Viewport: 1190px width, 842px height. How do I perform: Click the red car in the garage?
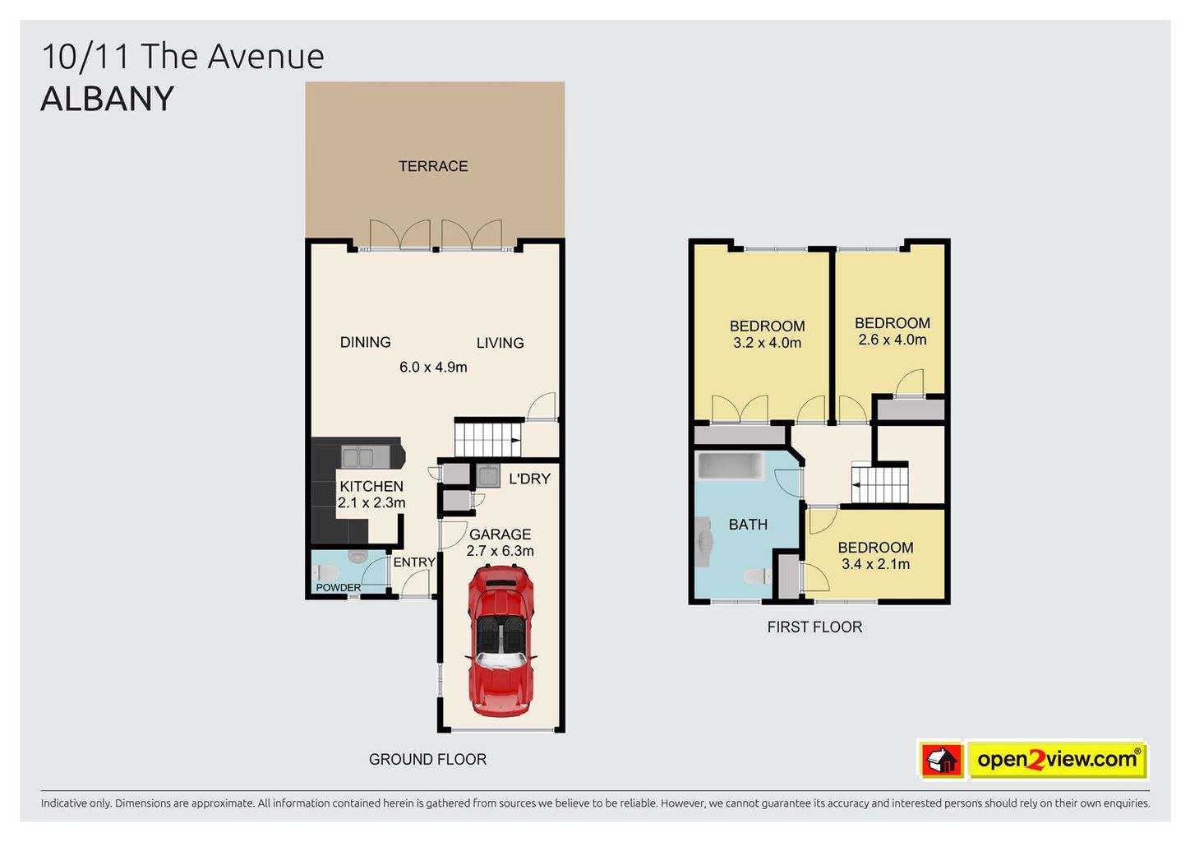click(500, 641)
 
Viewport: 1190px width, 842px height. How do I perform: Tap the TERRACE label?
click(433, 166)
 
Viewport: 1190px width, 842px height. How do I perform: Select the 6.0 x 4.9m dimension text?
click(433, 367)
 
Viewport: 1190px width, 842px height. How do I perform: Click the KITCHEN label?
click(371, 486)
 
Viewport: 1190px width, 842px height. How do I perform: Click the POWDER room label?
click(339, 587)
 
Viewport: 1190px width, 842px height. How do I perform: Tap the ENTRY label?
click(414, 562)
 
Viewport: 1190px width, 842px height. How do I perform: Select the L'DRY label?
click(529, 479)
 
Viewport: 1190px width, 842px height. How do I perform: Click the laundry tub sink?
click(487, 475)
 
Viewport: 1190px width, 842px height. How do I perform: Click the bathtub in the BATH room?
click(731, 466)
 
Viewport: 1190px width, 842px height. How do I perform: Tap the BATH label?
click(748, 525)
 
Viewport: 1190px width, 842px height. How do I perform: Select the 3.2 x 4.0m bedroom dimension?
click(767, 343)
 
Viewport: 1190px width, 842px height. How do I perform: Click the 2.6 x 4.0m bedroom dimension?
click(892, 340)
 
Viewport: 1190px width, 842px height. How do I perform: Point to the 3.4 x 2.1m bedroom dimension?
click(875, 564)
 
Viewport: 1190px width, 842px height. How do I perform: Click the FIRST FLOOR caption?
click(814, 627)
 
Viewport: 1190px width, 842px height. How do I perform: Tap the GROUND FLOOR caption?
click(427, 760)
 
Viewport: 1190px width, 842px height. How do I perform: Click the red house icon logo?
click(942, 760)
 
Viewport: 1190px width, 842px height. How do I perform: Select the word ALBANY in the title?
click(108, 99)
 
